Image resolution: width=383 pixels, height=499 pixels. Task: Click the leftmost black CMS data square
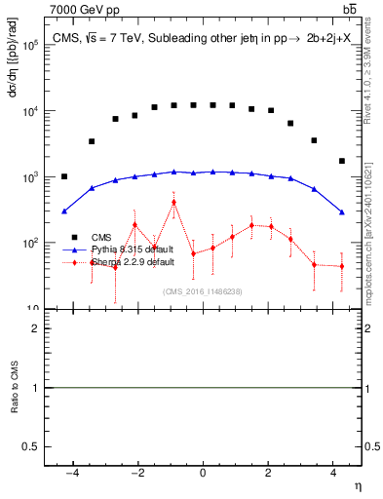click(x=64, y=176)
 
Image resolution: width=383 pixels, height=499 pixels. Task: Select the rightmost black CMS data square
click(x=341, y=161)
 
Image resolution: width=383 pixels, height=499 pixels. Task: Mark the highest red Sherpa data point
click(x=173, y=203)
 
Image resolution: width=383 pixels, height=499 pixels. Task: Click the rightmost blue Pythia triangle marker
click(x=341, y=211)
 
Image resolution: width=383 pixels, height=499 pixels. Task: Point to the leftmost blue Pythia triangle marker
click(x=64, y=211)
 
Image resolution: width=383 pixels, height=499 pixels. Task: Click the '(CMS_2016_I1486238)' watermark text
click(x=203, y=290)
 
